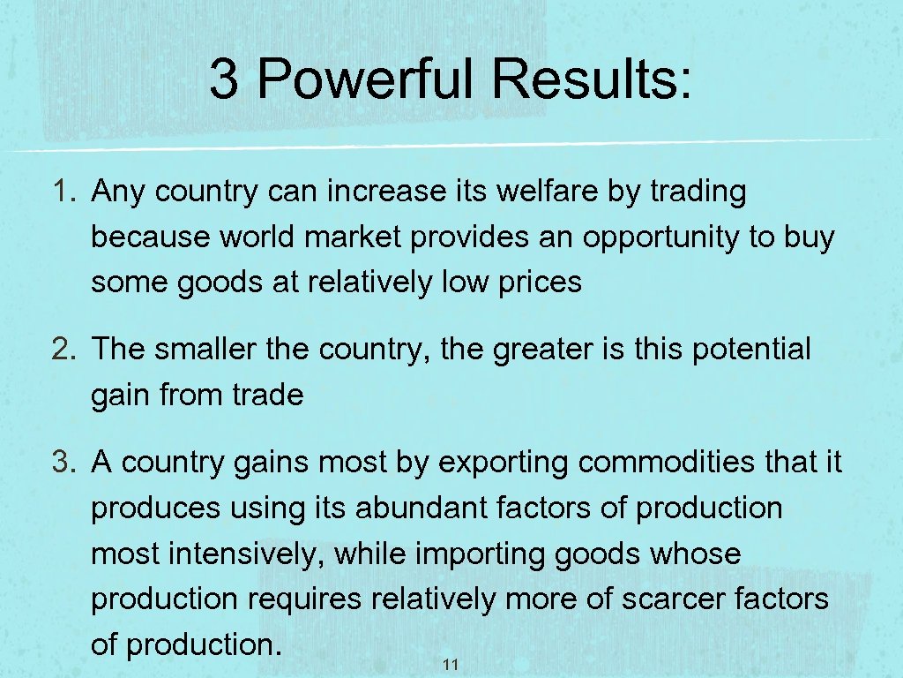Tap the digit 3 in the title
coord(224,79)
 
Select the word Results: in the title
coord(592,79)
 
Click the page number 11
coord(451,665)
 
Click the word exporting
coord(502,462)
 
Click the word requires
coord(304,599)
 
